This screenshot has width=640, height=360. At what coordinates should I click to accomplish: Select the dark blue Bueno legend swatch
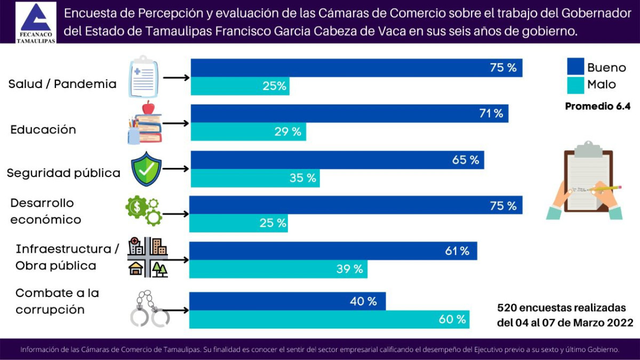click(x=575, y=67)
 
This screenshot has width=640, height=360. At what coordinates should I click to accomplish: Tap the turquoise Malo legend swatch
click(x=575, y=84)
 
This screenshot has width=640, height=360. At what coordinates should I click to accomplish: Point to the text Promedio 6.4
click(x=597, y=106)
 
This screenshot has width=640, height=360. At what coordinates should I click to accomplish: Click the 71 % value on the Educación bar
click(x=490, y=114)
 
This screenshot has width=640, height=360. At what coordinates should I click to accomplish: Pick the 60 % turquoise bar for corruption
click(x=329, y=319)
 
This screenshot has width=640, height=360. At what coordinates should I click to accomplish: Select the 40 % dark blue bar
click(x=287, y=301)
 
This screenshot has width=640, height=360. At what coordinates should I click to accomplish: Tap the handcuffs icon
click(x=149, y=309)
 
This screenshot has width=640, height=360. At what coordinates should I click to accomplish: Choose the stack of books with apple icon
click(x=144, y=124)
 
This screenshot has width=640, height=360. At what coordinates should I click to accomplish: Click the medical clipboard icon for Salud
click(x=144, y=77)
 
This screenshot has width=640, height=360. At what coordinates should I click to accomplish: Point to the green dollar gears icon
click(x=143, y=210)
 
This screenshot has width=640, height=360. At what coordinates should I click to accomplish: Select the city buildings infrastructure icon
click(x=148, y=257)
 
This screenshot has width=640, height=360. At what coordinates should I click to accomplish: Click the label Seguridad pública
click(x=63, y=173)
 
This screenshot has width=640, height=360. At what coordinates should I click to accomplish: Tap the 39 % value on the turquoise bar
click(x=349, y=269)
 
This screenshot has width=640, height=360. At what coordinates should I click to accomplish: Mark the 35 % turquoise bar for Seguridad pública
click(x=255, y=178)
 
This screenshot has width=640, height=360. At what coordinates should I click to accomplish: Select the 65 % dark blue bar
click(x=337, y=160)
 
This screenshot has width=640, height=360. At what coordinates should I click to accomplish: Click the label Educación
click(x=43, y=130)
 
